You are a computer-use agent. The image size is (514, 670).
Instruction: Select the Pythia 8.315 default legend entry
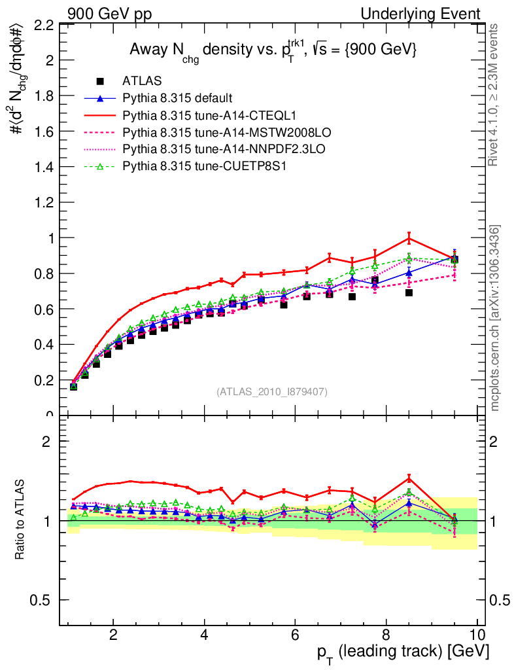click(177, 98)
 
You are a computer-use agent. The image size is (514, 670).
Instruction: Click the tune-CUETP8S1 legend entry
click(207, 166)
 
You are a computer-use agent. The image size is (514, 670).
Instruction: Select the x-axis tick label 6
click(295, 635)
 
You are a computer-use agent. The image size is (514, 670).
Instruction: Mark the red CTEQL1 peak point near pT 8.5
click(409, 237)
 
